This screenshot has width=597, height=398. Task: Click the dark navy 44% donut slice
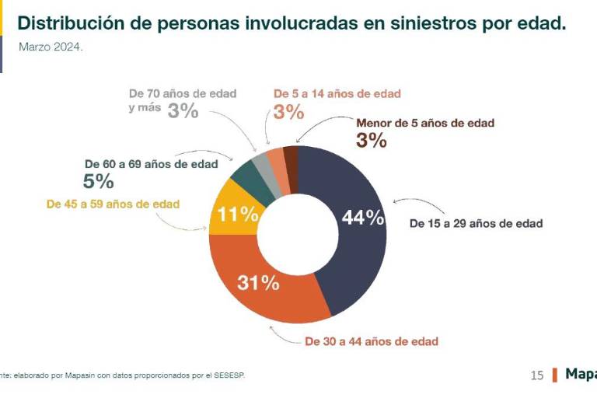coord(354,257)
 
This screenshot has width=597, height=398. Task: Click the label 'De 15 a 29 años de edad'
coord(476,224)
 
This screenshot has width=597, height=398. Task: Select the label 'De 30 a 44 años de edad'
coord(372,341)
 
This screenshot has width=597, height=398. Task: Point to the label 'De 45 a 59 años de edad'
coord(113,204)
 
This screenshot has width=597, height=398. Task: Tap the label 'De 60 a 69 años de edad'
coord(151,164)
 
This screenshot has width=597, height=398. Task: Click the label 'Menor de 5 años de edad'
coord(424,123)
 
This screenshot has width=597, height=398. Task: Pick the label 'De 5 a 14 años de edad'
coord(337,94)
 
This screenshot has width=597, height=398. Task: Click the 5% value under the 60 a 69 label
coord(98,182)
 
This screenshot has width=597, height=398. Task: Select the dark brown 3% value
coord(371,140)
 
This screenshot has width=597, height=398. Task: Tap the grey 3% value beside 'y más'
coord(183,110)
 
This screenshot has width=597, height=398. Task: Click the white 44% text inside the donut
coord(363,218)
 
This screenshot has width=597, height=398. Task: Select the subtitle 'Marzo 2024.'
coord(51,47)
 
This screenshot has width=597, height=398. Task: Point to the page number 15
coord(537,375)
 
